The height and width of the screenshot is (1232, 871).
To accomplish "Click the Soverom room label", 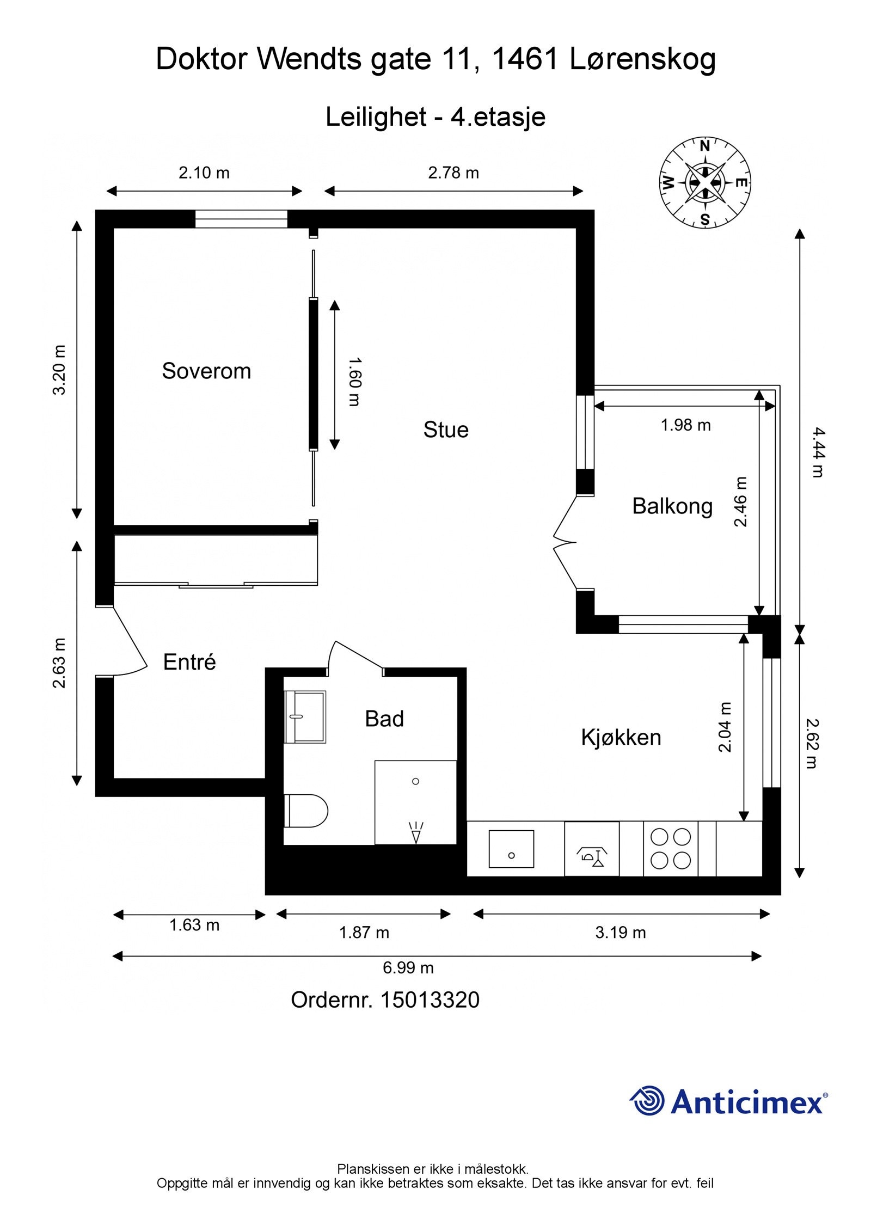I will pos(206,371).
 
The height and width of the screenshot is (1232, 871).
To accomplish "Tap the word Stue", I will pos(446,430).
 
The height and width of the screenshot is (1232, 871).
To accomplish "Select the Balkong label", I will pos(672,506).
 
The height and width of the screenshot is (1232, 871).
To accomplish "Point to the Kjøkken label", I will pos(621,738).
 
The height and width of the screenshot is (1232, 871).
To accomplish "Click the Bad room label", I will pos(384,719).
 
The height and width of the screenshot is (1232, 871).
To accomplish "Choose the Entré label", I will pos(189,662).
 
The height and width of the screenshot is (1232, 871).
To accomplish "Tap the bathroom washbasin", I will pos(305,717).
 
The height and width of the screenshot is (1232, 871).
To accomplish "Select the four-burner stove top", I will pos(671,849).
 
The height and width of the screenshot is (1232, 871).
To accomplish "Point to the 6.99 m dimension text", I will pos(408,967).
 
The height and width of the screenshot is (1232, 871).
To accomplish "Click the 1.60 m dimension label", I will pos(354,382).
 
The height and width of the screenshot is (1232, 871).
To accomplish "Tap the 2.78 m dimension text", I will pos(453,173).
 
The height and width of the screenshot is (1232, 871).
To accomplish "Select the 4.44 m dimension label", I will pos(818,452).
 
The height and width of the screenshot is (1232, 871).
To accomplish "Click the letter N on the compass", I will pos(704,146).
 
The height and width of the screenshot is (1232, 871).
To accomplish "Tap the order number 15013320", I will pos(430,1001).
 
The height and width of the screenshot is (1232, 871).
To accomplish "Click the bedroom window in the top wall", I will pos(241,219).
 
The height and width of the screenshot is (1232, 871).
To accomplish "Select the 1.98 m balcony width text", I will pos(686,425).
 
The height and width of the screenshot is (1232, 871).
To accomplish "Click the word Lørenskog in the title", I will pos(642,59).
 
